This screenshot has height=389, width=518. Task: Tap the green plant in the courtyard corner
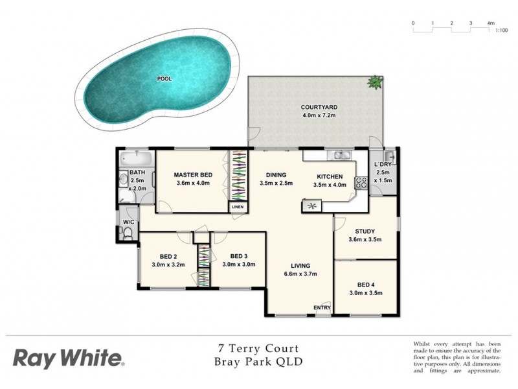[375, 82]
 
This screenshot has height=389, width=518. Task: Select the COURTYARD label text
[319, 107]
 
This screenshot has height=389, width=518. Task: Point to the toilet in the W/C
[128, 233]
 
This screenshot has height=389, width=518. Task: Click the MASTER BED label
[194, 175]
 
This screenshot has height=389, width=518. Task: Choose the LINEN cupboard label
[238, 207]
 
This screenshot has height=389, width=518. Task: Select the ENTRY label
[322, 307]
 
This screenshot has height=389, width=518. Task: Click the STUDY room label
[365, 231]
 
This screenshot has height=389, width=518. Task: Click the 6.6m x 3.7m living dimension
[300, 274]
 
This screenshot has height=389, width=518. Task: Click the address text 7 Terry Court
[258, 349]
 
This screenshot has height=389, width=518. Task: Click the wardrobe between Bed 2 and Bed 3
[204, 265]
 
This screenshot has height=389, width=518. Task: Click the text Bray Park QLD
[258, 362]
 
